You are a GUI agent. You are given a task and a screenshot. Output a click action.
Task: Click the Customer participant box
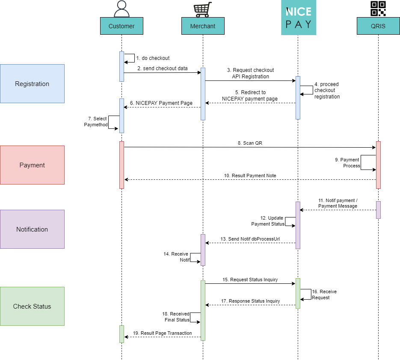[x=121, y=26]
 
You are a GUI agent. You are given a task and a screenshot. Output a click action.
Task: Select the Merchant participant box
[x=203, y=26]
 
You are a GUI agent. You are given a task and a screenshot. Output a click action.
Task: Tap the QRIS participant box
[x=378, y=26]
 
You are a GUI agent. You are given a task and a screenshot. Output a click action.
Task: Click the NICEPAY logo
[x=298, y=18]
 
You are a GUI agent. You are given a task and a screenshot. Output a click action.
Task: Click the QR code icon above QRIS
[x=378, y=9]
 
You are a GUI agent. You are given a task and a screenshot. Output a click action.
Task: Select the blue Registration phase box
[x=32, y=84]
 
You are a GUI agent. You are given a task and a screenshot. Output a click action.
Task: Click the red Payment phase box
[x=32, y=165]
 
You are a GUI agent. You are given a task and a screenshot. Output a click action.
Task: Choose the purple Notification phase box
[x=32, y=229]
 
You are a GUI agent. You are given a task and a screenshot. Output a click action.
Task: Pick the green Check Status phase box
[x=32, y=306]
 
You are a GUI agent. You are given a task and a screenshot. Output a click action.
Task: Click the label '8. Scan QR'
[x=250, y=143]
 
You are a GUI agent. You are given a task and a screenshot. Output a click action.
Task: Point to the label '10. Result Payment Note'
[x=250, y=176]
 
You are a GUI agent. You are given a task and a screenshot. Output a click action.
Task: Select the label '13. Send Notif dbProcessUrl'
[x=250, y=238]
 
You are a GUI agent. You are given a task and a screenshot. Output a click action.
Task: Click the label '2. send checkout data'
[x=163, y=68]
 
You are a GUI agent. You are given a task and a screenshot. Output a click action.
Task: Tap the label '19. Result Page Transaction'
[x=163, y=333]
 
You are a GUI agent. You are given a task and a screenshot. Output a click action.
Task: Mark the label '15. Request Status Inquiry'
[x=250, y=280]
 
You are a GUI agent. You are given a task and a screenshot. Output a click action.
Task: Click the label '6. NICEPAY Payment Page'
[x=161, y=103]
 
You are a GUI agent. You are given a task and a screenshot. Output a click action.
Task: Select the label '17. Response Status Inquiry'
[x=250, y=301]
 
